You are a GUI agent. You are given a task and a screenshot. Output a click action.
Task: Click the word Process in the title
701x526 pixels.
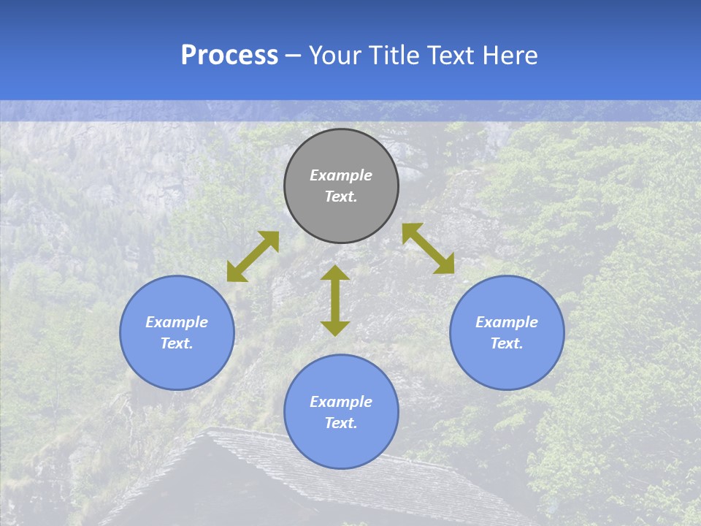point(229,56)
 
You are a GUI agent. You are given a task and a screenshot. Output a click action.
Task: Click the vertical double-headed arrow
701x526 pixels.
point(335,300)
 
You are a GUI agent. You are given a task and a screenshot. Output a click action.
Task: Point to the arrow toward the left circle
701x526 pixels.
point(253,256)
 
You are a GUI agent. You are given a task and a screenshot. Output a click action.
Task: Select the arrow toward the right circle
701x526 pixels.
point(428,248)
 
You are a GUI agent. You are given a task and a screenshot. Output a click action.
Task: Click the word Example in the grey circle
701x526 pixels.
point(341,175)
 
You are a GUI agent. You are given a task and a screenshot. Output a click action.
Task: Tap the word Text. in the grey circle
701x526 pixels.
point(341,197)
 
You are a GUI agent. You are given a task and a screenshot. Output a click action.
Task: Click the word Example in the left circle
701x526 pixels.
point(177,322)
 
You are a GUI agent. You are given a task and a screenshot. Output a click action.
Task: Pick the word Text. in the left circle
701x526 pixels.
point(177,343)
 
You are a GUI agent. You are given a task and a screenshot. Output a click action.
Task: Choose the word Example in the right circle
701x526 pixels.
point(507,322)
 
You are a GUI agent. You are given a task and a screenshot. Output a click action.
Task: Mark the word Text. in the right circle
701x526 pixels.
point(507,343)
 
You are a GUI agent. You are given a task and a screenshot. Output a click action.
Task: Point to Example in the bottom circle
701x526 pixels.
point(341,402)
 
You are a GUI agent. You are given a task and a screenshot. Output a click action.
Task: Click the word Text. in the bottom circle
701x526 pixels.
point(341,423)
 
